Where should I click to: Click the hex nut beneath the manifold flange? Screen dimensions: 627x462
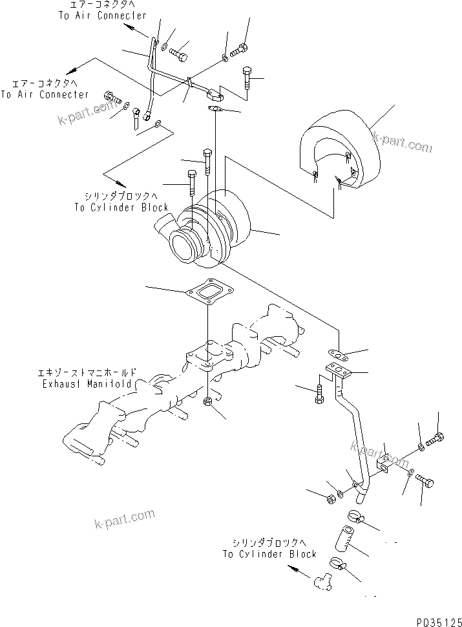coord(209,403)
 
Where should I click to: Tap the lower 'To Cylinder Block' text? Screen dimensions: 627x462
coord(269,554)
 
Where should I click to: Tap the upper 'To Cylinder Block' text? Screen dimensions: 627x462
coord(121,207)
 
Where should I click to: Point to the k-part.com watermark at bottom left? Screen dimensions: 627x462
coord(124,518)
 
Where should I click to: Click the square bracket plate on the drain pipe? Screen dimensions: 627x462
coord(384,463)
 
